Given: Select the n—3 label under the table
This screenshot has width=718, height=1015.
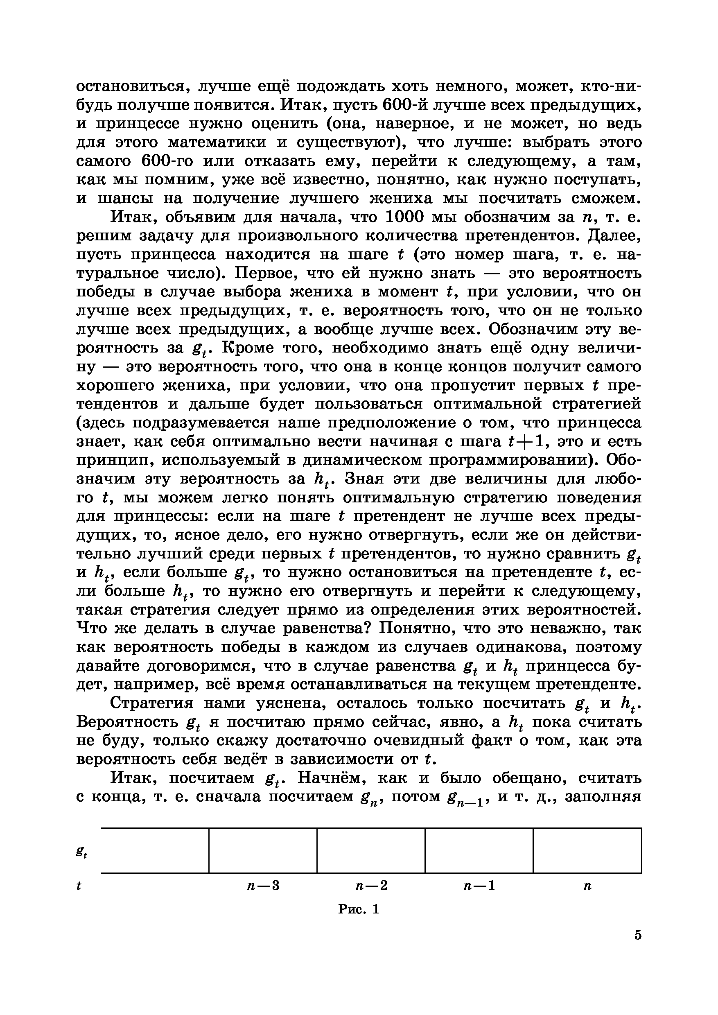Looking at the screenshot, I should point(263,886).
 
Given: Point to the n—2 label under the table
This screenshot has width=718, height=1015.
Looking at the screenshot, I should point(371,886).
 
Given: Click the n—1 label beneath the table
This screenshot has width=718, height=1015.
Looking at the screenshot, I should point(479,886).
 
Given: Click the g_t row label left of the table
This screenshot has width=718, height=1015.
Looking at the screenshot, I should point(81,853).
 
